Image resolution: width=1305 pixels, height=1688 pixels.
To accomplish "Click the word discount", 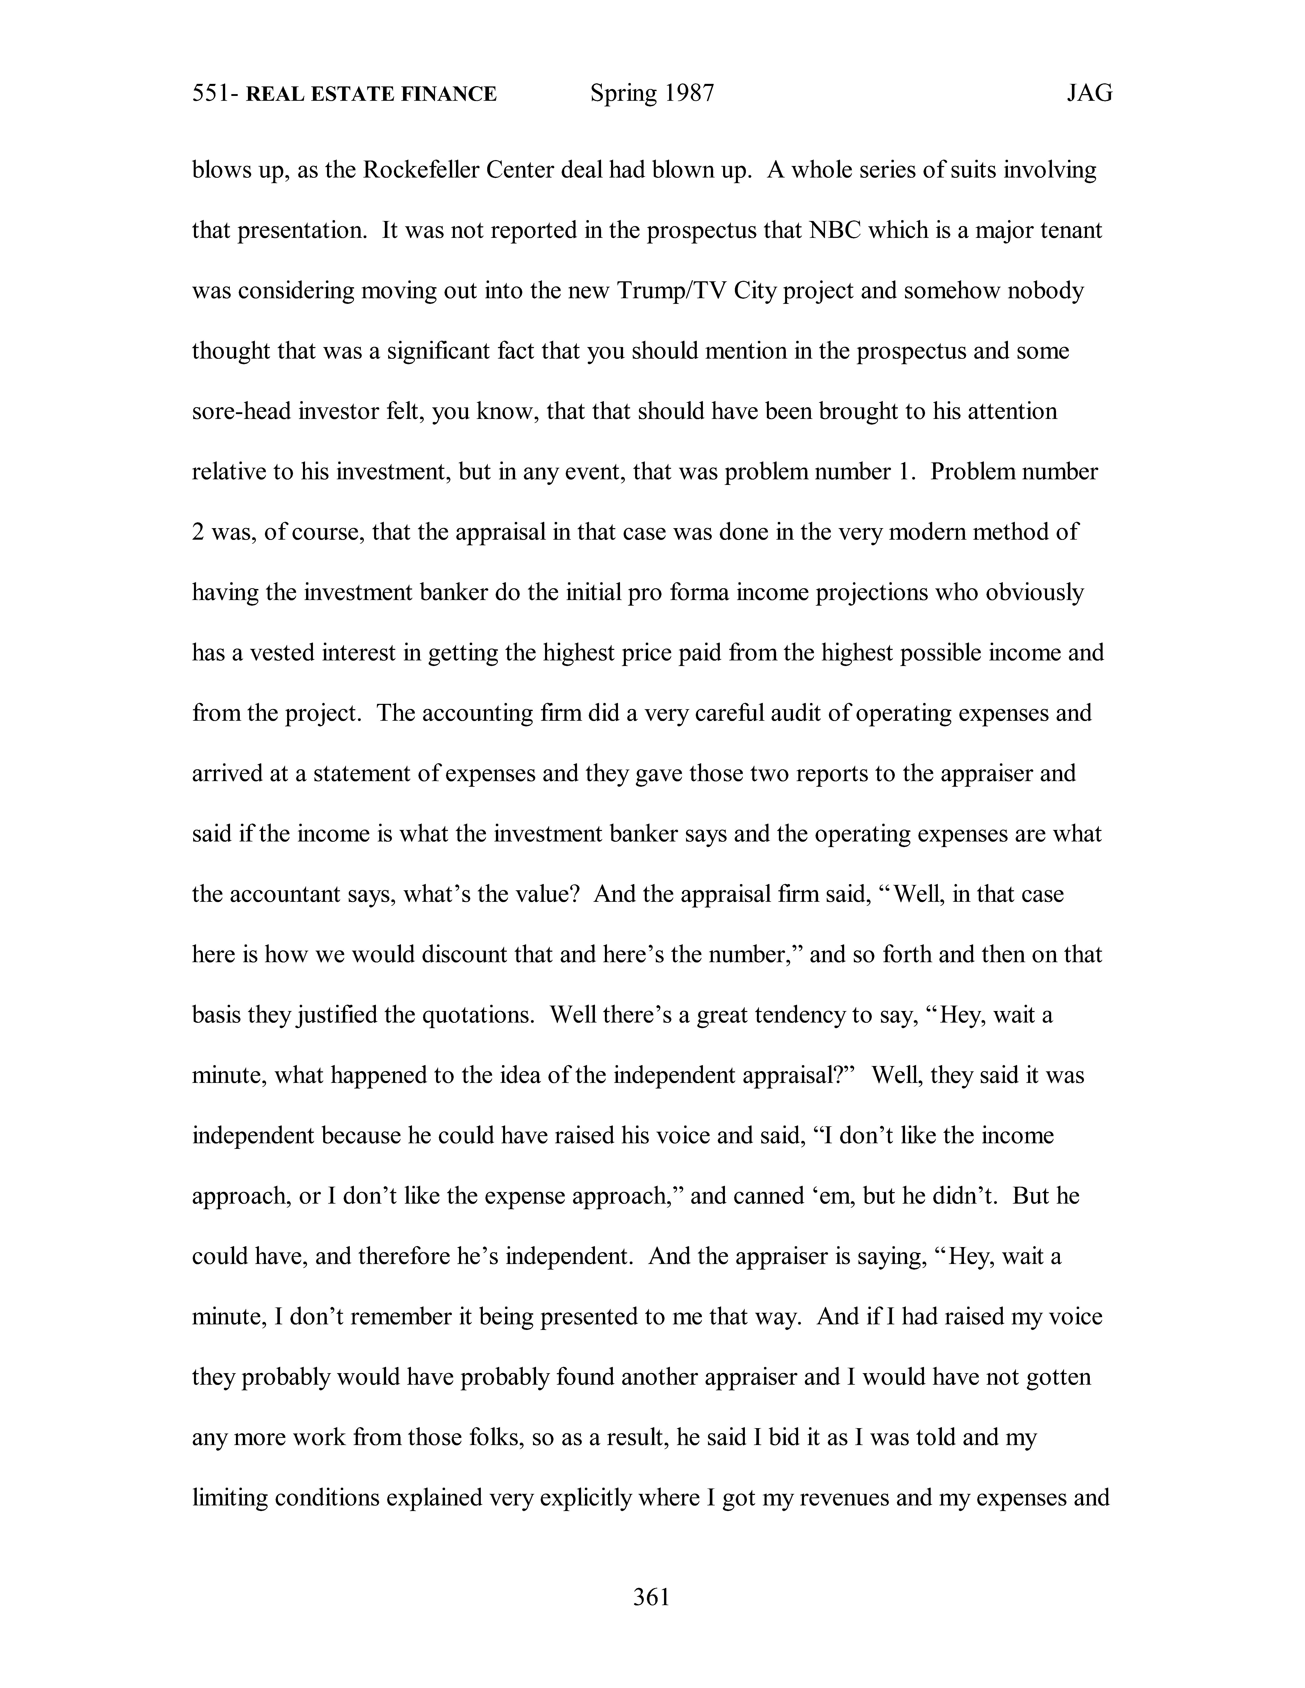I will coord(463,954).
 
